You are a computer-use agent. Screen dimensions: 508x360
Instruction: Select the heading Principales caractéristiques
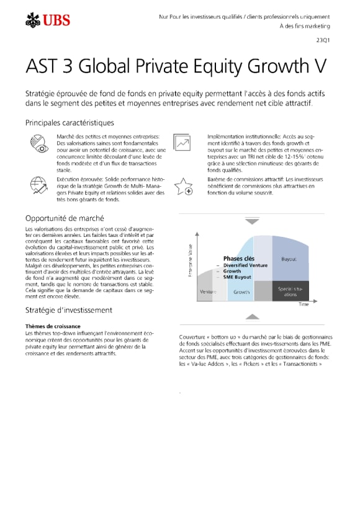coord(70,123)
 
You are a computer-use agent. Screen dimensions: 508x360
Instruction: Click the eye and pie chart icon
coord(38,143)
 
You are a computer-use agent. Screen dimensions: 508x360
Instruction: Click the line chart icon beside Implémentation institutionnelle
coord(182,143)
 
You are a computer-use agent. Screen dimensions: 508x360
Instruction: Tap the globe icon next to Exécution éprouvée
coord(38,185)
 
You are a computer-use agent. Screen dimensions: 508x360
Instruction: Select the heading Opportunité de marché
coord(65,218)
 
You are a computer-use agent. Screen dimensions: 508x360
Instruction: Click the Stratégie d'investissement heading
coord(68,310)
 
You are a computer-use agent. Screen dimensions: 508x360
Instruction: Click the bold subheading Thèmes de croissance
coord(53,326)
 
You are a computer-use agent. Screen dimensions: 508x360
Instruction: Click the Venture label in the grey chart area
coord(208,292)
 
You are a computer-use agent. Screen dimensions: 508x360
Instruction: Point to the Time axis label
coord(303,305)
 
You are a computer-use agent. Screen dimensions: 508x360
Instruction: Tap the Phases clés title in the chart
coord(238,259)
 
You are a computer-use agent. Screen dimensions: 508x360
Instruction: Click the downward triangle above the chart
coord(251,221)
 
